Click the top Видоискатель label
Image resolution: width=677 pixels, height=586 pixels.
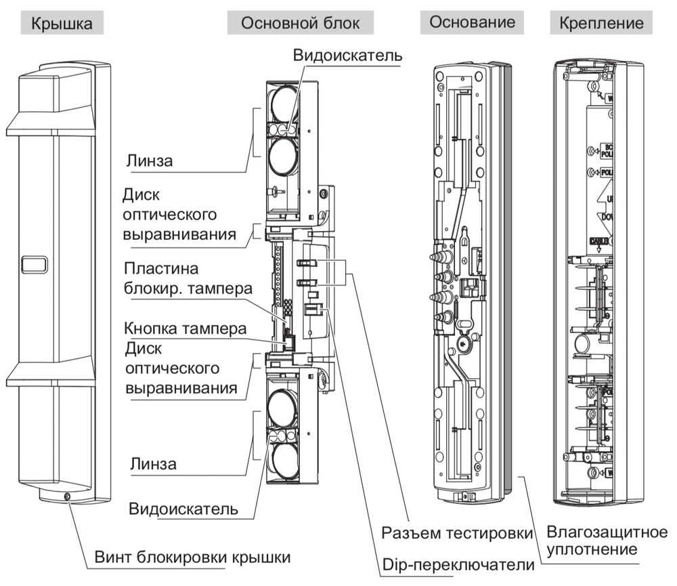point(348,56)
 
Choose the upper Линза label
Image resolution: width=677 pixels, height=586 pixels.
point(151,161)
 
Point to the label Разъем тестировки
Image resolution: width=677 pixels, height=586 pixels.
point(458,533)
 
